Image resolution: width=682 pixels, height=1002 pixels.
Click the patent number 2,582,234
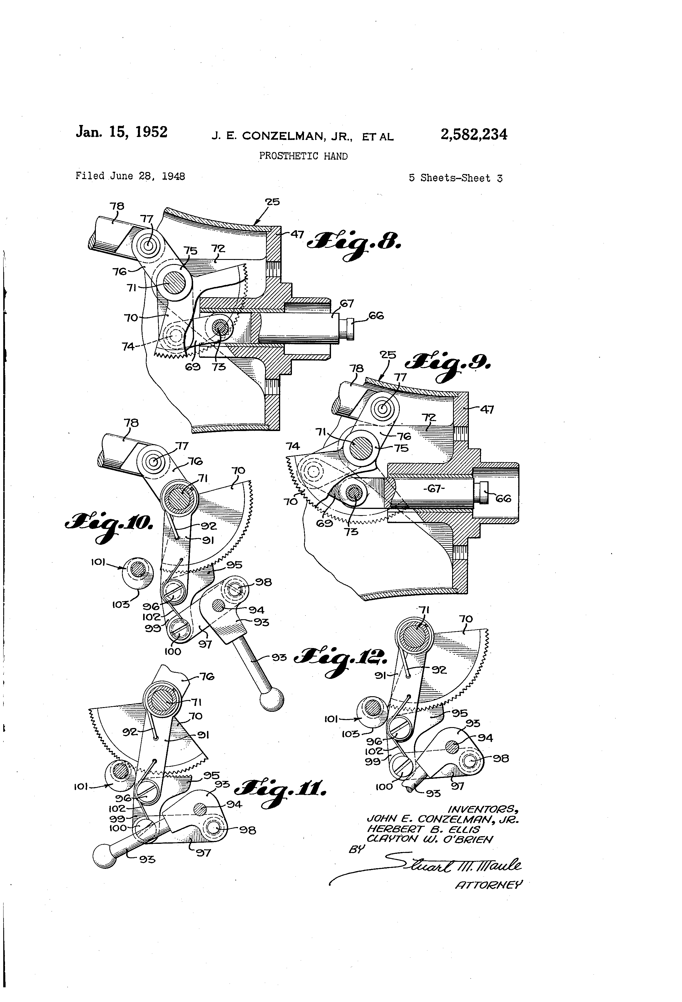tap(473, 135)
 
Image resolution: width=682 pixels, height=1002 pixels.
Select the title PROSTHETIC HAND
tap(303, 156)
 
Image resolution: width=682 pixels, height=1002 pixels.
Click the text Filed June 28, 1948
tap(130, 176)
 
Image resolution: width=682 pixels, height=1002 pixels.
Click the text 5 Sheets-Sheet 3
tap(455, 178)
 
